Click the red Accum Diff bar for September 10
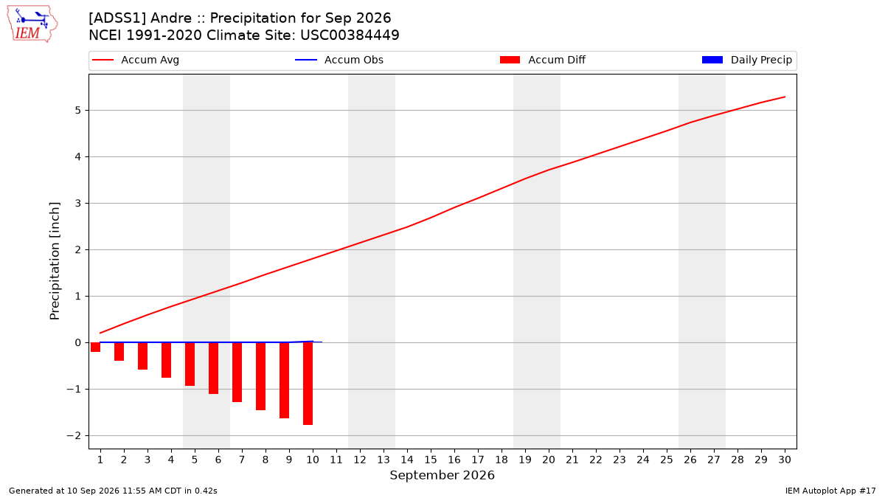308,384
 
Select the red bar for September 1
95,347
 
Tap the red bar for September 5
190,364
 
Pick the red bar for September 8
260,376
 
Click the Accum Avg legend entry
136,60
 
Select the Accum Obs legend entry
339,60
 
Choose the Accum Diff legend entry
543,60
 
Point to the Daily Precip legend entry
746,60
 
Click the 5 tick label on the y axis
77,110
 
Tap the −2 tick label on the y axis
74,435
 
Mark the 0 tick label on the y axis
77,342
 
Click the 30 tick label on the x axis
785,460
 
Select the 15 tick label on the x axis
431,460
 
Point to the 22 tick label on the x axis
596,460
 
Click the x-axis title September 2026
442,475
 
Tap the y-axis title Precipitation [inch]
55,261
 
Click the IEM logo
32,24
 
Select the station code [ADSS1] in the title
117,18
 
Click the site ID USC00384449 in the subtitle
350,35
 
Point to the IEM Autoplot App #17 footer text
830,491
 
